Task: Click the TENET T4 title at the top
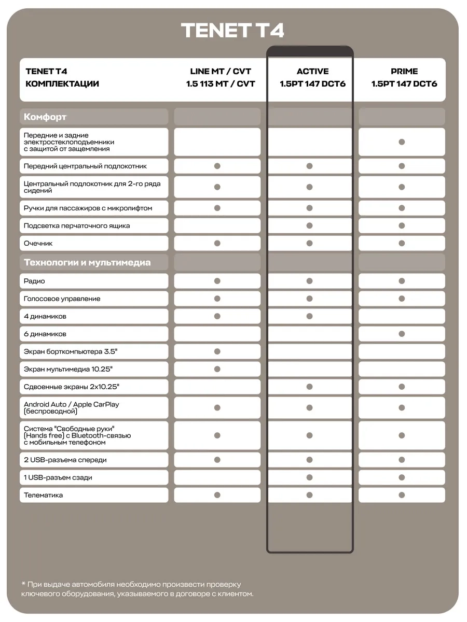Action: coord(232,30)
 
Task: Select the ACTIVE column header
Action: coord(312,72)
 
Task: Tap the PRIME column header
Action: coord(404,72)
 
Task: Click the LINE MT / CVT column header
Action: coord(221,72)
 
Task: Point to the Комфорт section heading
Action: coord(45,117)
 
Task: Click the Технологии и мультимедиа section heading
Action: coord(87,262)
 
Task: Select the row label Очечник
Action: coord(38,243)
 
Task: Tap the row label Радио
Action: coord(34,281)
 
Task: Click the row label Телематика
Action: coord(43,495)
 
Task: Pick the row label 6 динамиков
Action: coord(45,334)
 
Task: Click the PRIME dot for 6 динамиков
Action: coord(402,334)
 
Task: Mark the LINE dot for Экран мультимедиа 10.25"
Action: coord(217,369)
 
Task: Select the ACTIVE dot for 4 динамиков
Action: coord(310,316)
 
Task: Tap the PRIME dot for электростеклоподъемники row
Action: coord(402,142)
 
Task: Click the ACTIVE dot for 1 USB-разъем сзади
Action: coord(310,477)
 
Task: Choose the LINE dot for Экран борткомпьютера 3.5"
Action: coord(217,351)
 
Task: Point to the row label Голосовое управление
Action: coord(62,299)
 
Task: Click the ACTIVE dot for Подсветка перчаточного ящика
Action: coord(310,225)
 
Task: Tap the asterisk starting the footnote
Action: coord(24,584)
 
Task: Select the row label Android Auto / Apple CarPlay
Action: coord(71,404)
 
